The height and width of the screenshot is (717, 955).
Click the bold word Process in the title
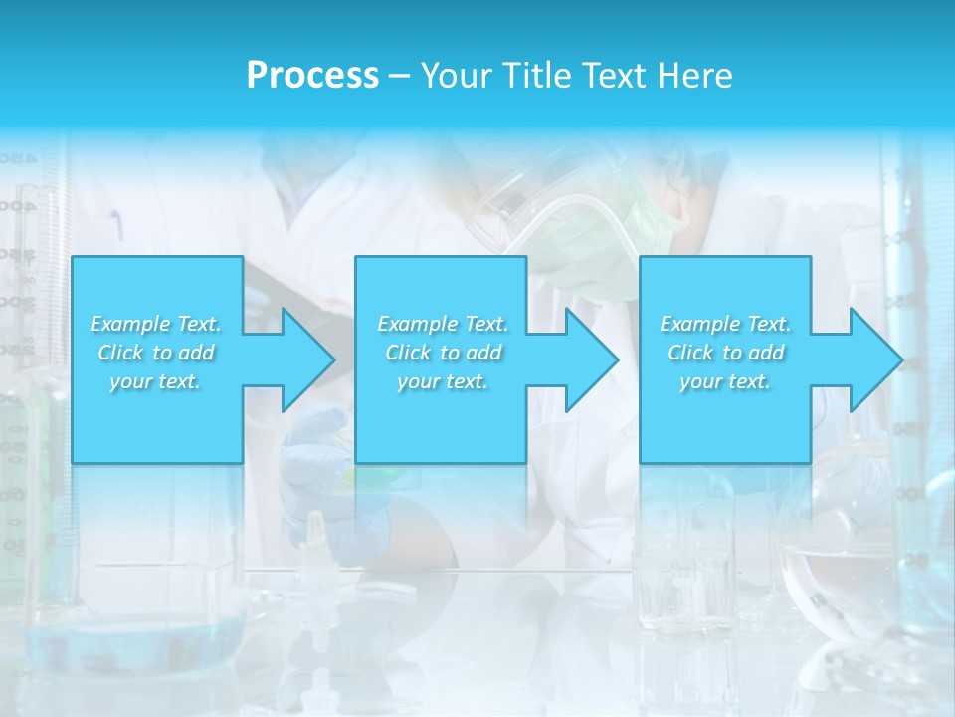pos(312,76)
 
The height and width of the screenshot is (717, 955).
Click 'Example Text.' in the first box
pos(156,324)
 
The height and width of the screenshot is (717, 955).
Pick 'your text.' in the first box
pos(156,381)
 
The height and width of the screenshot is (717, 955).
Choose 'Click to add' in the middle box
pos(443,353)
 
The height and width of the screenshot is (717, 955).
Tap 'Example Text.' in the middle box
pos(443,324)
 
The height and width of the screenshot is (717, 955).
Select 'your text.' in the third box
pos(725,381)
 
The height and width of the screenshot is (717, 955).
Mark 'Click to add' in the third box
pos(725,353)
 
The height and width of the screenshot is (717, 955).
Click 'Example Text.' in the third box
pos(725,324)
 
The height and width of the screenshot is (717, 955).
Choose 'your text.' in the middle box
pos(443,381)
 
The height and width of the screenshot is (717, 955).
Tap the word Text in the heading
pos(611,76)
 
